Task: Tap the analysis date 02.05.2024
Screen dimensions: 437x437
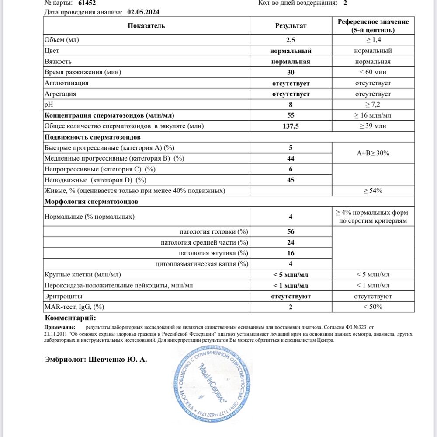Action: click(x=143, y=12)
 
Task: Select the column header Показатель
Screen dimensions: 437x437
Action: click(x=146, y=26)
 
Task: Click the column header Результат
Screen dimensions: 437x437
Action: click(x=291, y=26)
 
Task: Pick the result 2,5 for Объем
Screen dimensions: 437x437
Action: click(x=291, y=40)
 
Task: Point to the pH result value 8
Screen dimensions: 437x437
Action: click(x=291, y=105)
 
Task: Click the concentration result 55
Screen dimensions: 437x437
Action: click(x=291, y=115)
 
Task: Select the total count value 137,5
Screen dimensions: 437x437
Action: click(x=291, y=126)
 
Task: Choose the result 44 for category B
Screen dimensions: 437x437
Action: click(x=291, y=158)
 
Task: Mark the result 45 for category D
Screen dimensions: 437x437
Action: click(x=291, y=180)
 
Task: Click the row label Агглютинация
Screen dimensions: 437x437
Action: click(x=66, y=83)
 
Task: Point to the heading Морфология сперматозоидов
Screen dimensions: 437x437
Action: click(x=91, y=202)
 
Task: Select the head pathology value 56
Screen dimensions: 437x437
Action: click(x=291, y=231)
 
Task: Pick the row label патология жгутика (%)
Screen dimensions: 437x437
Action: click(x=214, y=253)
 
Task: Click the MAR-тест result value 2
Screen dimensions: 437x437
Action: click(x=291, y=307)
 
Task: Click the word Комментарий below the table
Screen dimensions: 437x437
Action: click(x=70, y=318)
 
